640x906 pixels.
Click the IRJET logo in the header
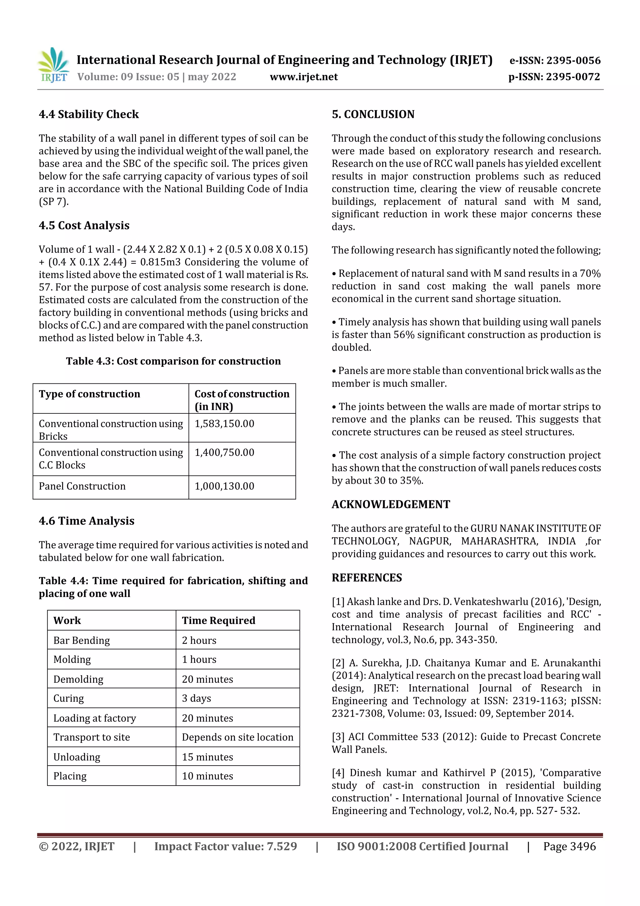coord(53,65)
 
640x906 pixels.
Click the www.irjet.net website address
coord(304,77)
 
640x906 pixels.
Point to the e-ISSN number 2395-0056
coord(555,60)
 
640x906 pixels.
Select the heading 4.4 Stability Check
coord(89,114)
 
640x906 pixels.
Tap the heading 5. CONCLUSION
coord(373,114)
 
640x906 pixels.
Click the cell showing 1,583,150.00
coord(224,424)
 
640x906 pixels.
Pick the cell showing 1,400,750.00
coord(224,453)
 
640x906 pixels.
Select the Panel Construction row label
coord(82,486)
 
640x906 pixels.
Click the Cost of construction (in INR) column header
coord(242,399)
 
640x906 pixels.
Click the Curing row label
coord(69,698)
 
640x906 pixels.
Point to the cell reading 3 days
coord(196,698)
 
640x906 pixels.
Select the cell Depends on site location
coord(237,737)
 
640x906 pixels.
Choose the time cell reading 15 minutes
coord(207,757)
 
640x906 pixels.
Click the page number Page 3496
coord(569,846)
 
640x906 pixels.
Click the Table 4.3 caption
coord(173,361)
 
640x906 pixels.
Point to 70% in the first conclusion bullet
coord(590,273)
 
